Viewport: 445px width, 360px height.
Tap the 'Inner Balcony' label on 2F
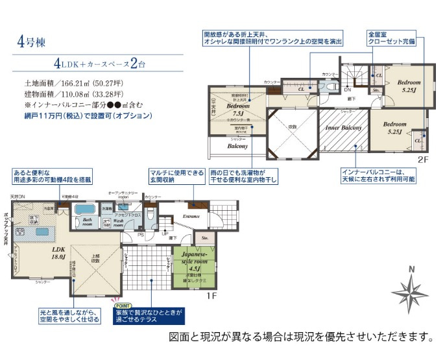point(343,128)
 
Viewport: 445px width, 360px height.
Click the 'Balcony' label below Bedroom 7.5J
point(237,147)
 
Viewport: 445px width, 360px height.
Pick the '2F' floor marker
point(422,159)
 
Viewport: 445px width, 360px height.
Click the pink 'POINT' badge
point(122,304)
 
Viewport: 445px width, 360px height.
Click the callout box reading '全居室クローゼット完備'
point(391,37)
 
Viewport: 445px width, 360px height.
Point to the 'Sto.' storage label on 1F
point(206,238)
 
